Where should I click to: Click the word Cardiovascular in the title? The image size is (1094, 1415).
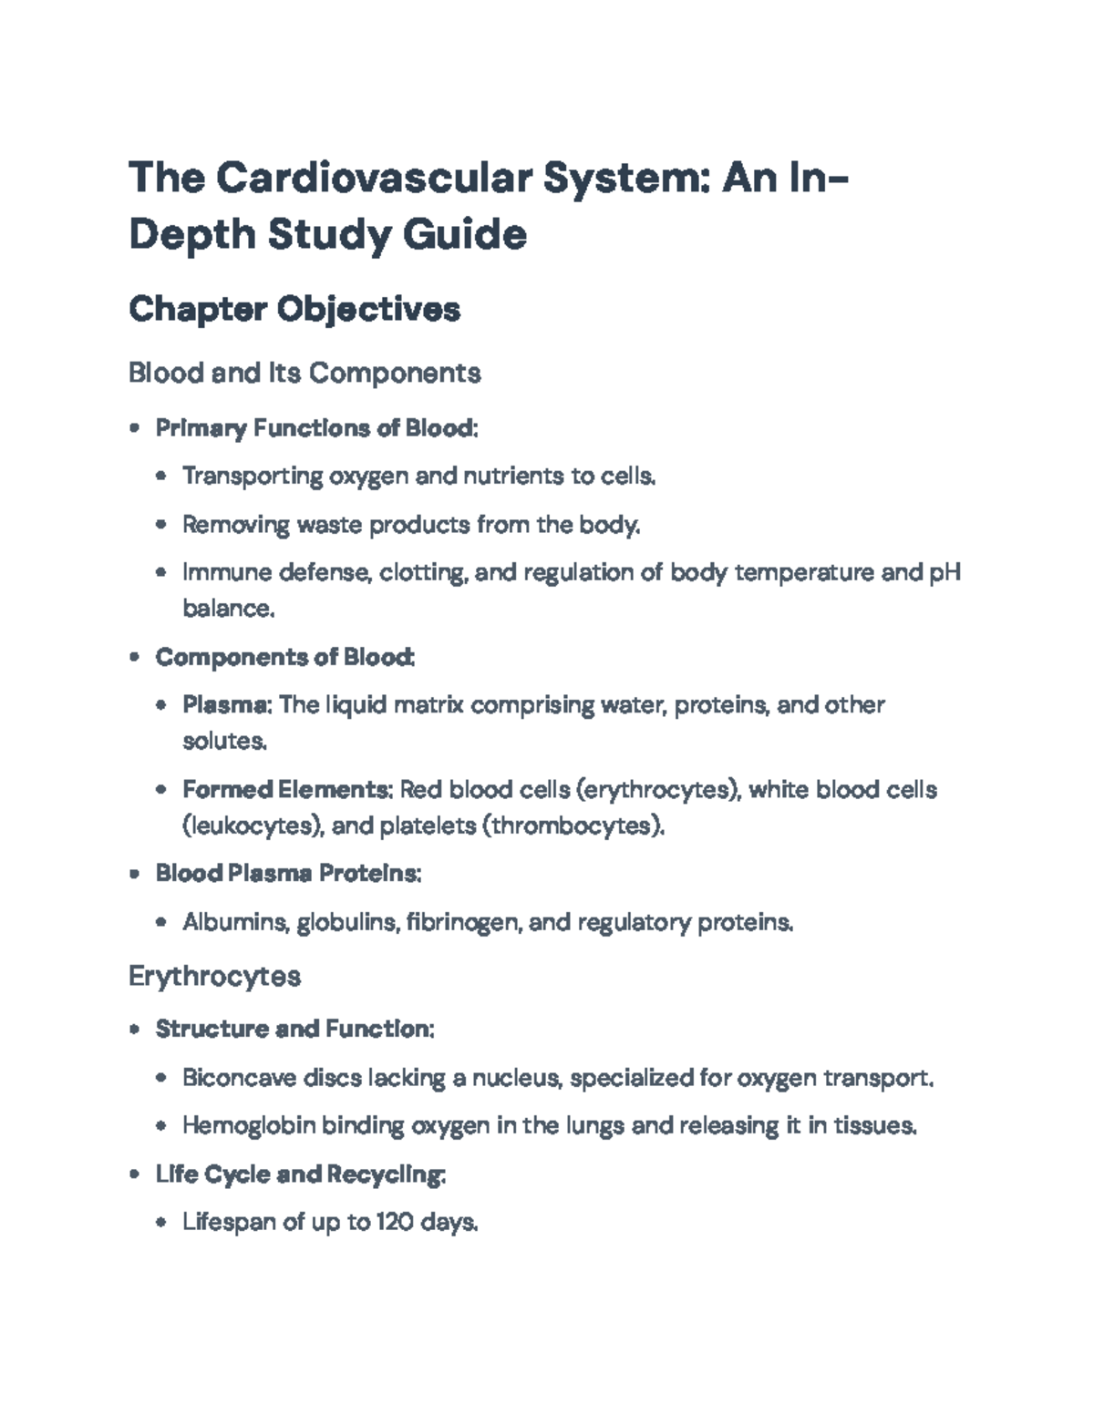tap(374, 179)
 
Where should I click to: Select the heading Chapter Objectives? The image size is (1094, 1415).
tap(294, 310)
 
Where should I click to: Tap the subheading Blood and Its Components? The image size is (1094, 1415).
tap(304, 373)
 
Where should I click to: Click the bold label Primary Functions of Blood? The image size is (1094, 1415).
tap(315, 428)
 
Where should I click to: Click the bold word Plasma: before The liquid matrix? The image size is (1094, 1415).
tap(227, 705)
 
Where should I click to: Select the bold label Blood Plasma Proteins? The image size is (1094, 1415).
tap(288, 874)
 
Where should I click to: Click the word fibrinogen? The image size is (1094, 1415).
tap(465, 923)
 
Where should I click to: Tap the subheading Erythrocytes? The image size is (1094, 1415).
tap(215, 977)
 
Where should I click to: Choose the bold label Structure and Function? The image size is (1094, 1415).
tap(294, 1030)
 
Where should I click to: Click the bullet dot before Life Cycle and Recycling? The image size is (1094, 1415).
tap(135, 1175)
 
